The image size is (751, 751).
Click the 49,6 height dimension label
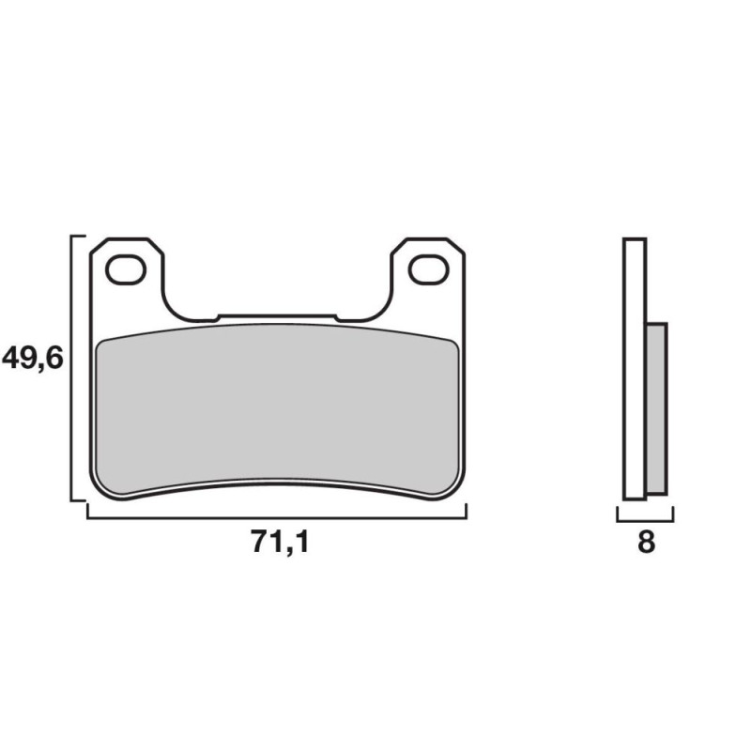tap(33, 359)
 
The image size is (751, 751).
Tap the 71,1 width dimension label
tap(280, 543)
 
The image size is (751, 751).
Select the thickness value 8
tap(646, 543)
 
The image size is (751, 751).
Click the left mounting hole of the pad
tap(126, 269)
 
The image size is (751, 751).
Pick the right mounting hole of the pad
tap(429, 269)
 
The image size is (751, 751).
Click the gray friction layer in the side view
tap(656, 408)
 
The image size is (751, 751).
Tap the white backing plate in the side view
tap(635, 369)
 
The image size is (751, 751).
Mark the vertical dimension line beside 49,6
tap(71, 368)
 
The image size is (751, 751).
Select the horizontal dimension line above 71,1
tap(277, 518)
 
